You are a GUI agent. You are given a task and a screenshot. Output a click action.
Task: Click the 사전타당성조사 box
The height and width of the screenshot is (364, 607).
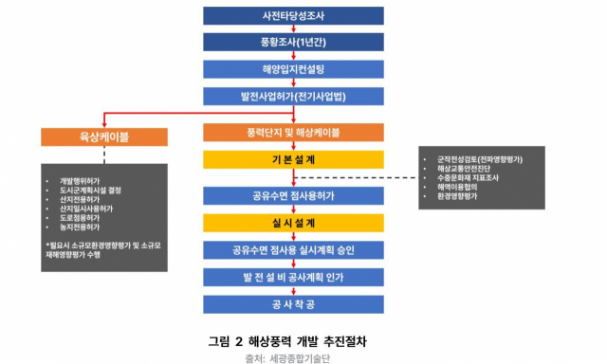point(293,15)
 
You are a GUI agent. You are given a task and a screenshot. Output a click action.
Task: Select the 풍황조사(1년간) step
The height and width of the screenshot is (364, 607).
point(293,43)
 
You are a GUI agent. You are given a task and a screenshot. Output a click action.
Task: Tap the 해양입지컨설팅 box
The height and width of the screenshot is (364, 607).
point(293,69)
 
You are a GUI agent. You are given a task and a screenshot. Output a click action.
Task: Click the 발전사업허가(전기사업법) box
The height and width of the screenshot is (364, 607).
point(293,96)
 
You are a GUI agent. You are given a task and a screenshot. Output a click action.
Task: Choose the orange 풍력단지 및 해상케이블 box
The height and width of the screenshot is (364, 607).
point(293,132)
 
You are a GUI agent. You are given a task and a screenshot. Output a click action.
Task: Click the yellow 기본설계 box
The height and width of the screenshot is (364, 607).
point(293,159)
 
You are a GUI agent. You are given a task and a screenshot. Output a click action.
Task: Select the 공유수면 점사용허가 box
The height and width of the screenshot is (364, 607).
point(293,195)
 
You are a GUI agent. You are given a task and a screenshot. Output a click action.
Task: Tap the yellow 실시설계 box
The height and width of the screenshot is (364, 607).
point(293,223)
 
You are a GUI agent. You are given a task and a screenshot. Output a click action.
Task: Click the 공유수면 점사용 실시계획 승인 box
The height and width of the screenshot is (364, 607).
point(293,250)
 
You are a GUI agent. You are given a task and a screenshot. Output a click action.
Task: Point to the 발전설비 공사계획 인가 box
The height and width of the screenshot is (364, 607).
point(293,278)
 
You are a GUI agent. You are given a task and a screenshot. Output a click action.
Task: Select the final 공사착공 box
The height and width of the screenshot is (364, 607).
point(293,304)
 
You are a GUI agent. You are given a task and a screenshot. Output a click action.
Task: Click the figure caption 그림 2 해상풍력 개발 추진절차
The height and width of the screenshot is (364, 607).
point(293,340)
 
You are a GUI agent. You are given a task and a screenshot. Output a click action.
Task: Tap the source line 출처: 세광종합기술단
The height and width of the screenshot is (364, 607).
point(293,357)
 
